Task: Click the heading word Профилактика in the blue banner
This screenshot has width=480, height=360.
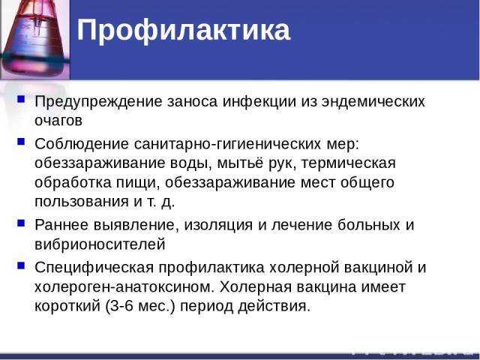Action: click(183, 31)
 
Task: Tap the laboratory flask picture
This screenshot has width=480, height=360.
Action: click(35, 39)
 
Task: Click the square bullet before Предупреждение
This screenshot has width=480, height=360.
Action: click(21, 99)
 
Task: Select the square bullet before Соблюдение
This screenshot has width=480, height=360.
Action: click(21, 142)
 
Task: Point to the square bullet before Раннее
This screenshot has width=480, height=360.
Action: click(21, 223)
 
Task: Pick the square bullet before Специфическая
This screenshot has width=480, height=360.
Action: click(21, 265)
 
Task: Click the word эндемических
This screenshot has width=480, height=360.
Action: click(373, 102)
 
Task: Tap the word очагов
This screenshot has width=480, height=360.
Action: click(58, 121)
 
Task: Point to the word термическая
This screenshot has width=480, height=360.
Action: click(348, 163)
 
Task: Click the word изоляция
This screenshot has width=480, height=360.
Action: click(218, 225)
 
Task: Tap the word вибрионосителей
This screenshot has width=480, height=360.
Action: click(100, 244)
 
